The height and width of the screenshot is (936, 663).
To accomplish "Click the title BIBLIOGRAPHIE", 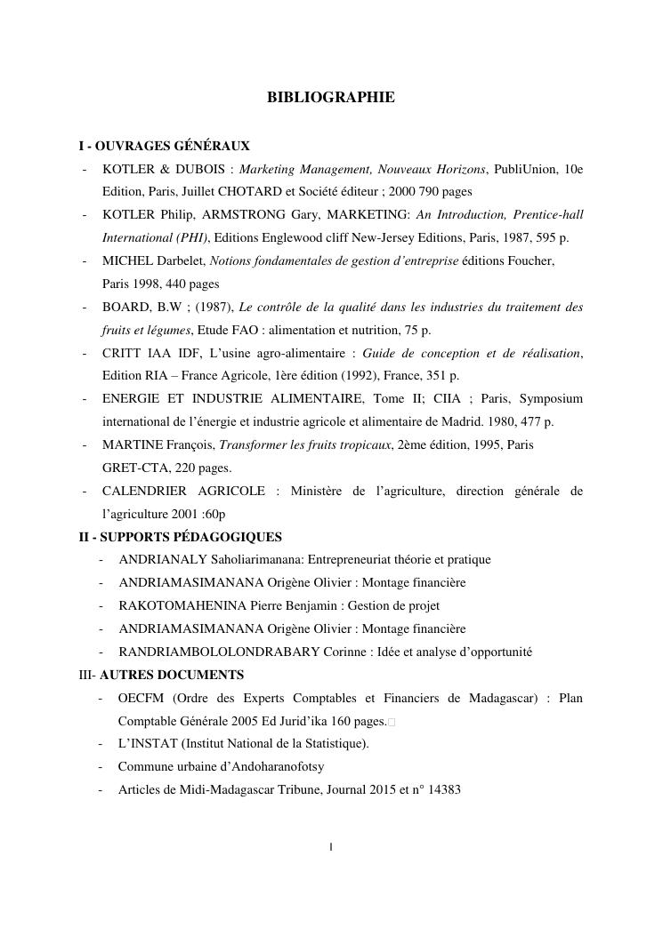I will point(330,98).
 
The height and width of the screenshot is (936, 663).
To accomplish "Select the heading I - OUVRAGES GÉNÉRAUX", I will point(165,146).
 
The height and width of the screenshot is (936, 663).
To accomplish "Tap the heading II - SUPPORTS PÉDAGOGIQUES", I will point(181,537).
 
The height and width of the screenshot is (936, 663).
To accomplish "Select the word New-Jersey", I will point(396,238).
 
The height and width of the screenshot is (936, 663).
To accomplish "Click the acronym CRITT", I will point(121,354).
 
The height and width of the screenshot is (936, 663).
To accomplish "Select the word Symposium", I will point(551,399).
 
